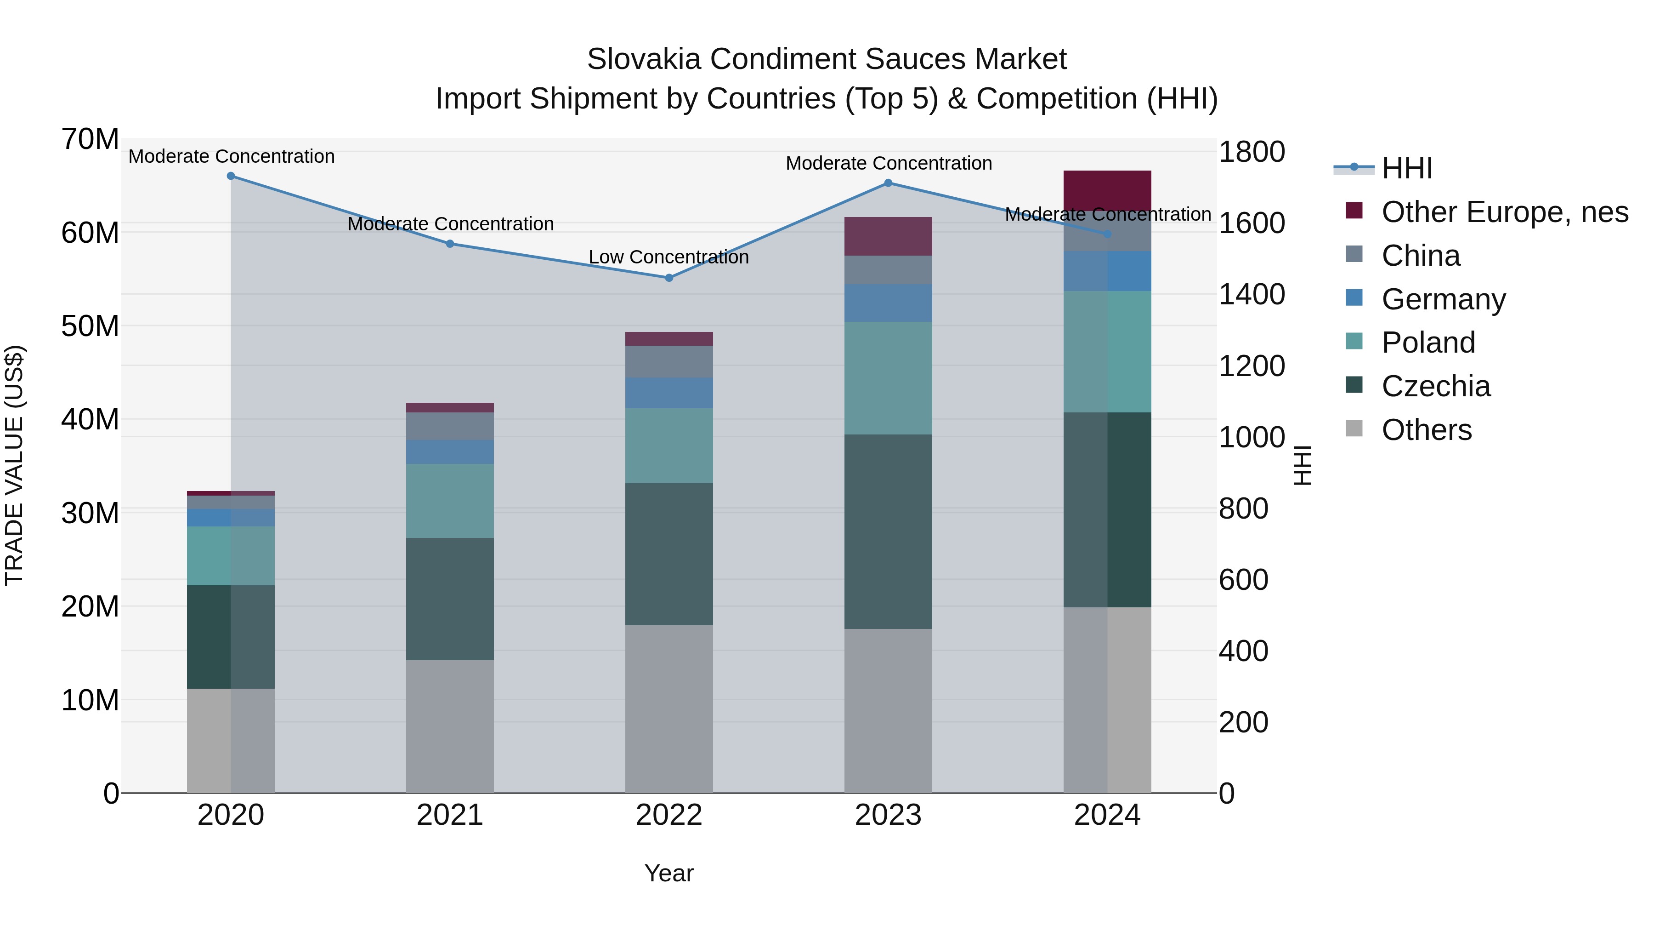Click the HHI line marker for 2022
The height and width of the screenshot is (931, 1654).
coord(668,278)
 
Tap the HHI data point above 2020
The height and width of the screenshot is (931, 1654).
coord(231,176)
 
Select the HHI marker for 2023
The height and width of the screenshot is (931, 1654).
coord(888,183)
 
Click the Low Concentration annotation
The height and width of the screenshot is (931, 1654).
coord(668,257)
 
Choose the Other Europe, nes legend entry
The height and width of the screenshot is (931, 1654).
coord(1504,212)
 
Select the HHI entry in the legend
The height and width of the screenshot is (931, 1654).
coord(1406,168)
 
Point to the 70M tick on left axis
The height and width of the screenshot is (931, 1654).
coord(90,139)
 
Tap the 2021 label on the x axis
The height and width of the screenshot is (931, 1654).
coord(449,815)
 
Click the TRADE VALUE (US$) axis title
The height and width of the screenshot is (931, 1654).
coord(14,465)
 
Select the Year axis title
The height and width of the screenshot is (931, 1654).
coord(668,873)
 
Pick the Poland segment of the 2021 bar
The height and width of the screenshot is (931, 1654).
coord(449,501)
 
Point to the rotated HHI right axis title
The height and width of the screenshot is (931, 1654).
coord(1302,465)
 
